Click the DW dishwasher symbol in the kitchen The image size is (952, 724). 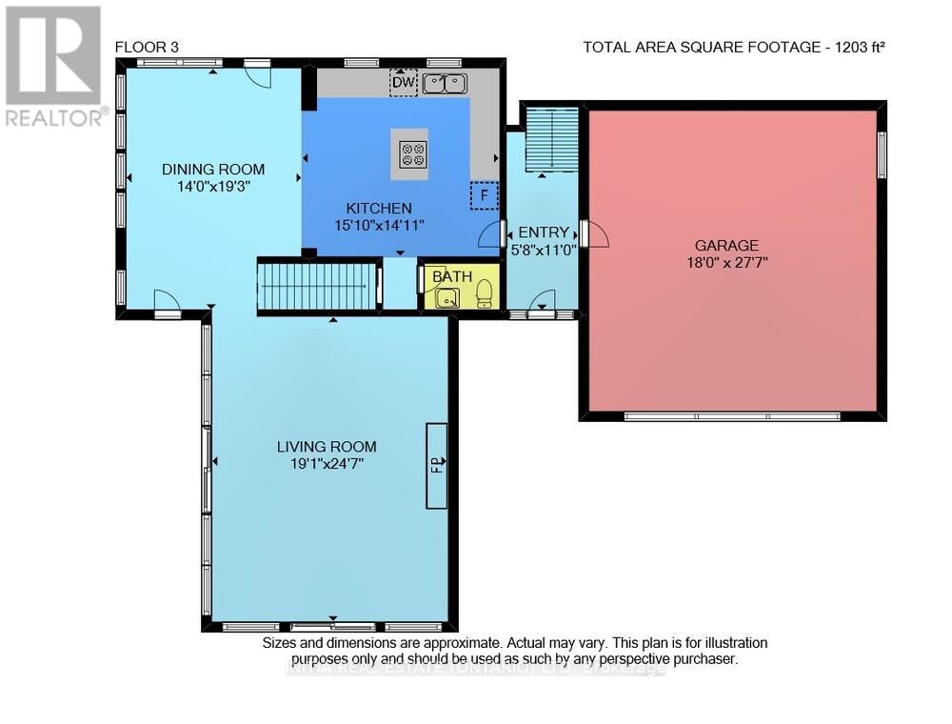(x=404, y=84)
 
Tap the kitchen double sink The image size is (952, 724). (x=445, y=84)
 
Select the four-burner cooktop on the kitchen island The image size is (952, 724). (x=413, y=154)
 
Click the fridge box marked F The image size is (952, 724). (x=484, y=196)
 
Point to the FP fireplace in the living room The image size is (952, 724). (x=437, y=465)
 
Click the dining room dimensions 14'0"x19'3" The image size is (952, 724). (x=213, y=188)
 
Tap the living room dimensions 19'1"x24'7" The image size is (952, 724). (x=327, y=464)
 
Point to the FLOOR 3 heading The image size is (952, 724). (x=146, y=46)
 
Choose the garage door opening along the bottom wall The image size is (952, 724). (x=731, y=416)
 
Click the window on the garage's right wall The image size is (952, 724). (x=882, y=155)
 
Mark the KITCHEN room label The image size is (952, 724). (x=378, y=208)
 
